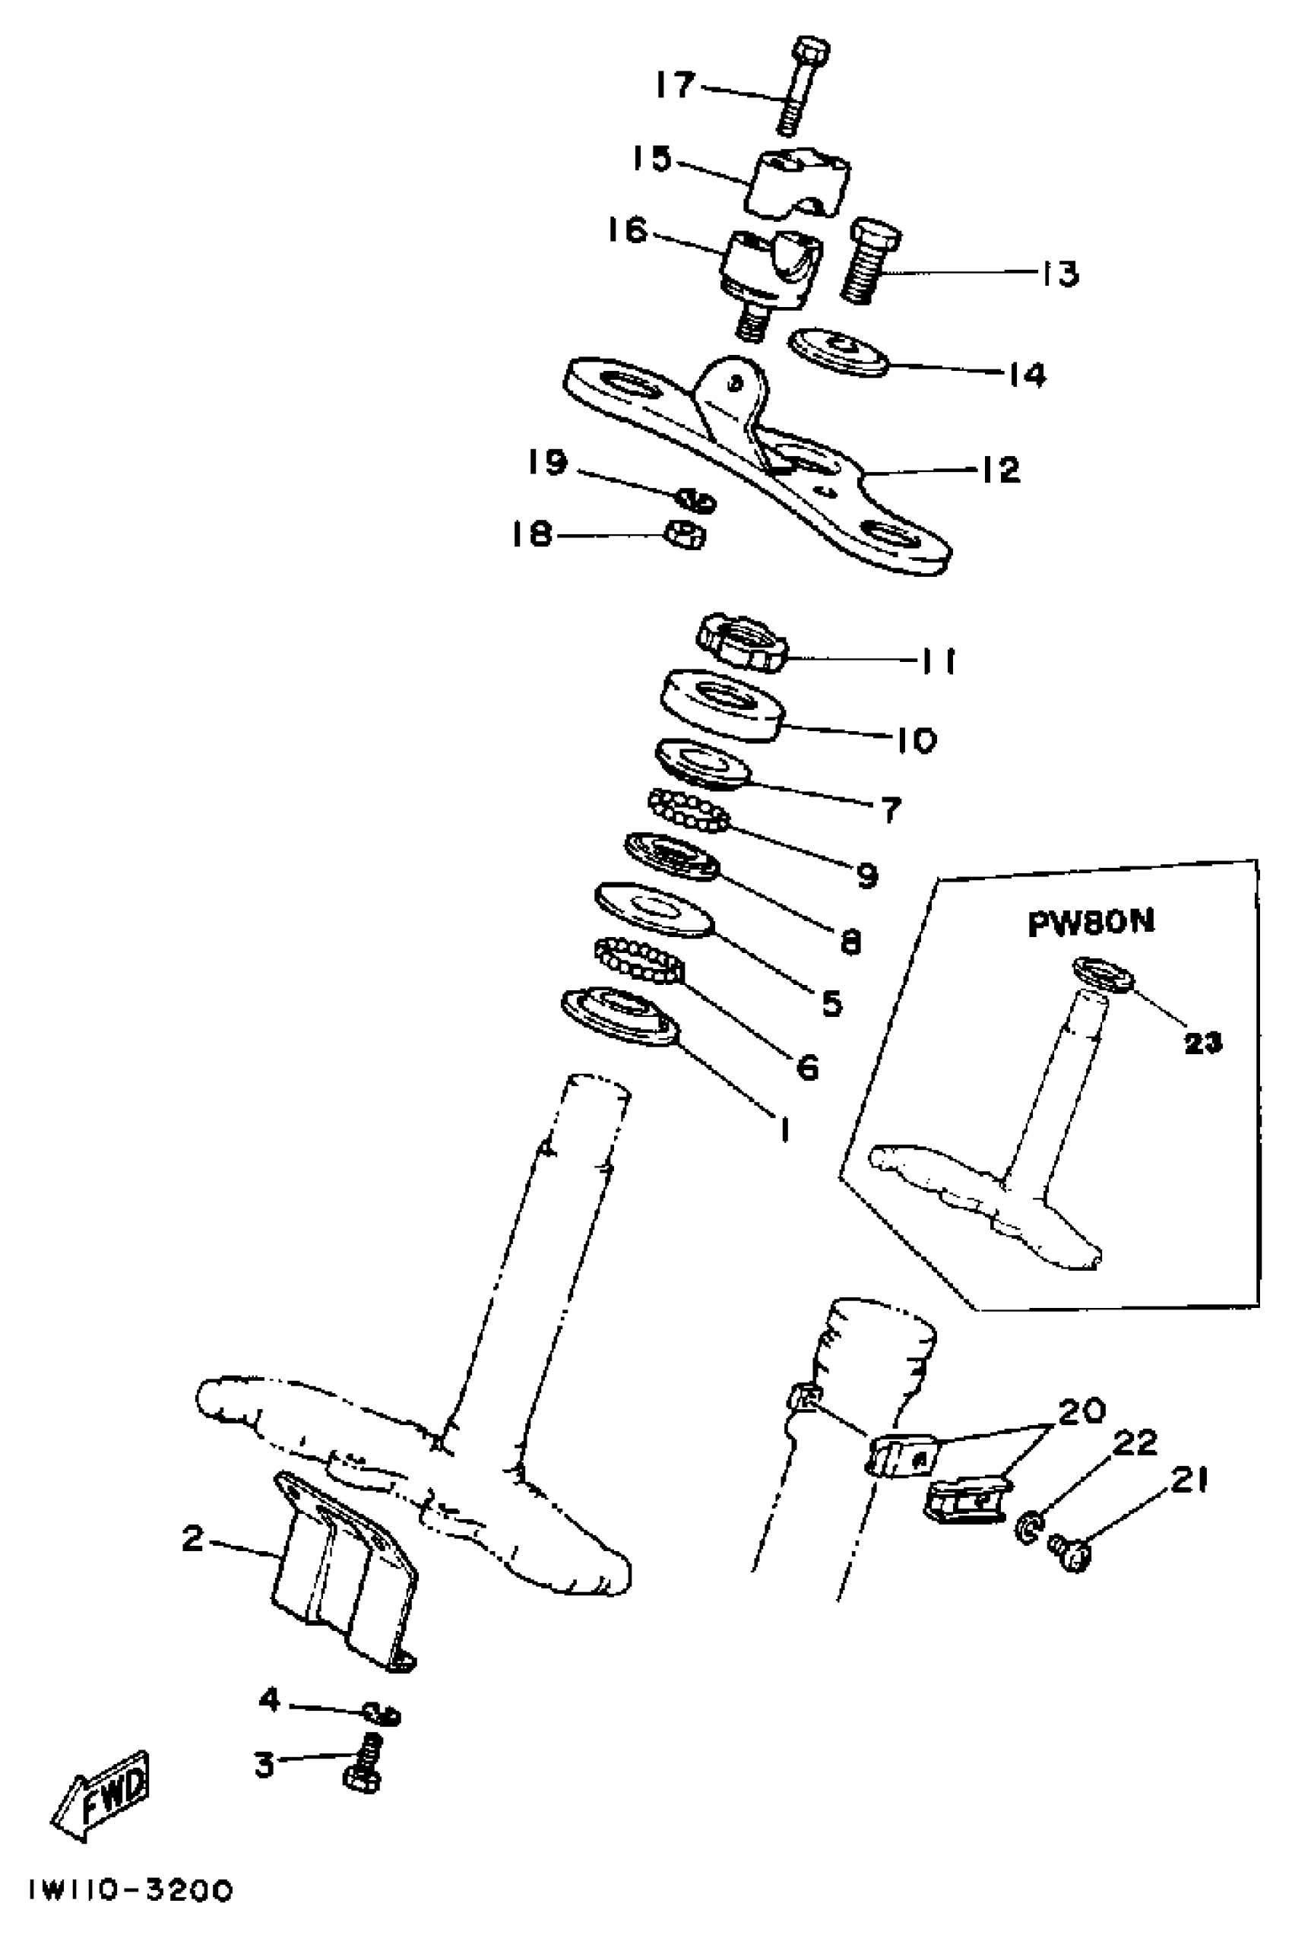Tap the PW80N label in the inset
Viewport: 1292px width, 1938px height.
pos(1090,923)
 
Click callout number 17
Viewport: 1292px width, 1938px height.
pos(676,84)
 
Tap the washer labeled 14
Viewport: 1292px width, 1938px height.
pos(839,352)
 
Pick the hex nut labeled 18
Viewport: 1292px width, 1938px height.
pos(686,535)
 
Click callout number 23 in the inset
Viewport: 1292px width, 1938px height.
pos(1202,1044)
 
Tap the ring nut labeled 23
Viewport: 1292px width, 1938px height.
pos(1104,972)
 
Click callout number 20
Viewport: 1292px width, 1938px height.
pos(1081,1411)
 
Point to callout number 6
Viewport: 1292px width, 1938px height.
pos(807,1068)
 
